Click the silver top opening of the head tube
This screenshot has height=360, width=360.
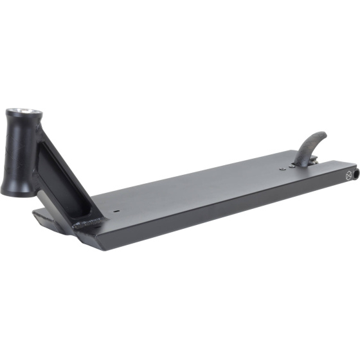coord(26,114)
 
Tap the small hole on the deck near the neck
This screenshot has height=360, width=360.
coord(117,210)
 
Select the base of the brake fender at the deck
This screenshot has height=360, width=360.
coord(305,161)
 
